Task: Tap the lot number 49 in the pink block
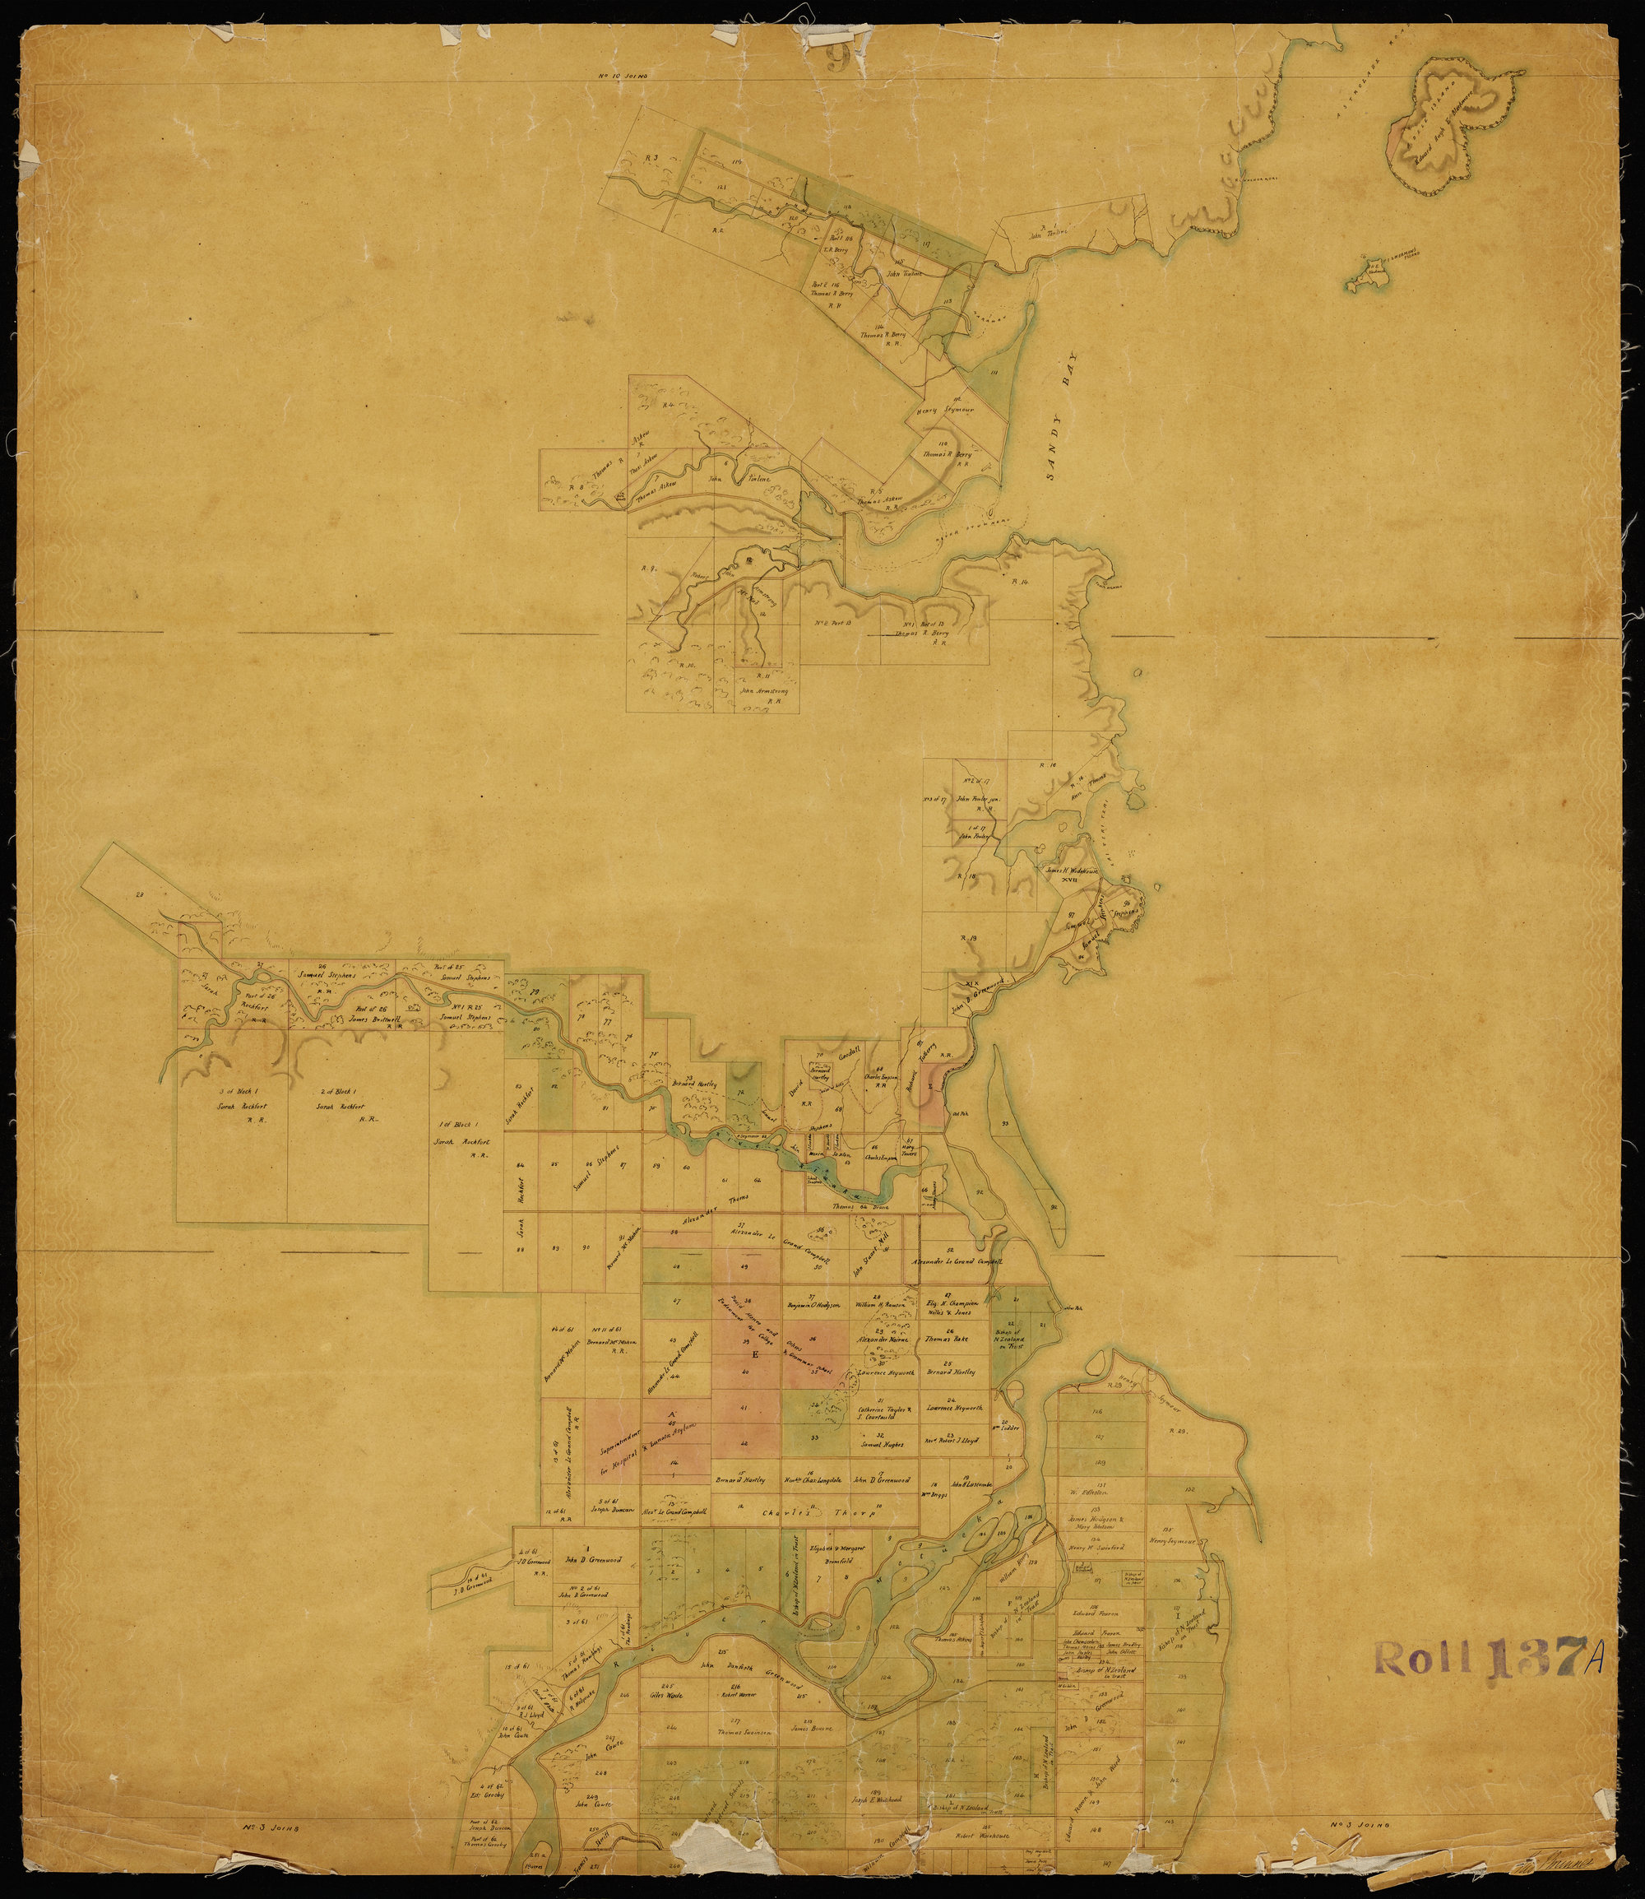click(744, 1267)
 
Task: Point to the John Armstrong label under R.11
click(760, 688)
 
